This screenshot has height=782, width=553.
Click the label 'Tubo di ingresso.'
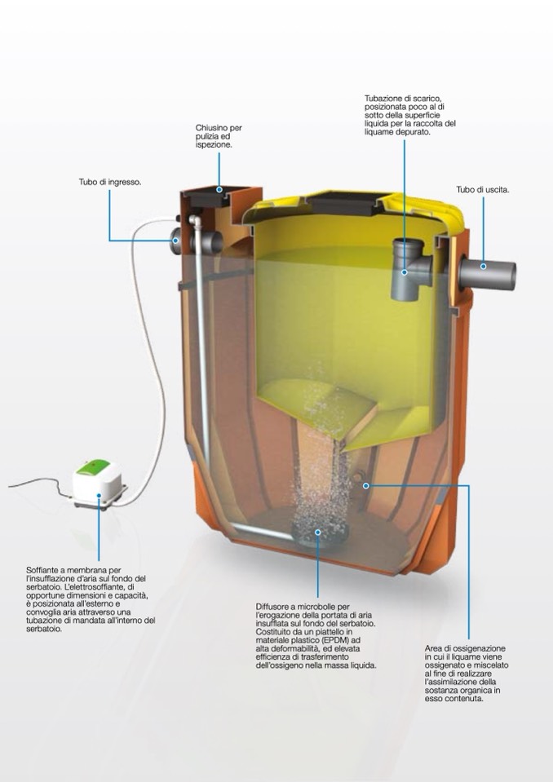pyautogui.click(x=109, y=183)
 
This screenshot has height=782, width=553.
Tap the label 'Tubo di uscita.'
pyautogui.click(x=483, y=190)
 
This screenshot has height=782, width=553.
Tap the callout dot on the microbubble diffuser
pyautogui.click(x=317, y=532)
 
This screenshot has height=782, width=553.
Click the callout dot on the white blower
pyautogui.click(x=99, y=496)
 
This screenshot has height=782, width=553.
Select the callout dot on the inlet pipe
pyautogui.click(x=175, y=240)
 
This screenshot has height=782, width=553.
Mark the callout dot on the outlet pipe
pyautogui.click(x=483, y=267)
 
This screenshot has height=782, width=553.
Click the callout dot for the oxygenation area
pyautogui.click(x=365, y=485)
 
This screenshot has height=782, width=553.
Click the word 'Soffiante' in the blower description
pyautogui.click(x=42, y=569)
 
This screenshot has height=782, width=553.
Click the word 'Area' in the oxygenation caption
pyautogui.click(x=433, y=649)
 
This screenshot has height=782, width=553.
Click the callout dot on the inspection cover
pyautogui.click(x=219, y=189)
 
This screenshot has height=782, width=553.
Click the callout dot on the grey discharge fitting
pyautogui.click(x=405, y=272)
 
